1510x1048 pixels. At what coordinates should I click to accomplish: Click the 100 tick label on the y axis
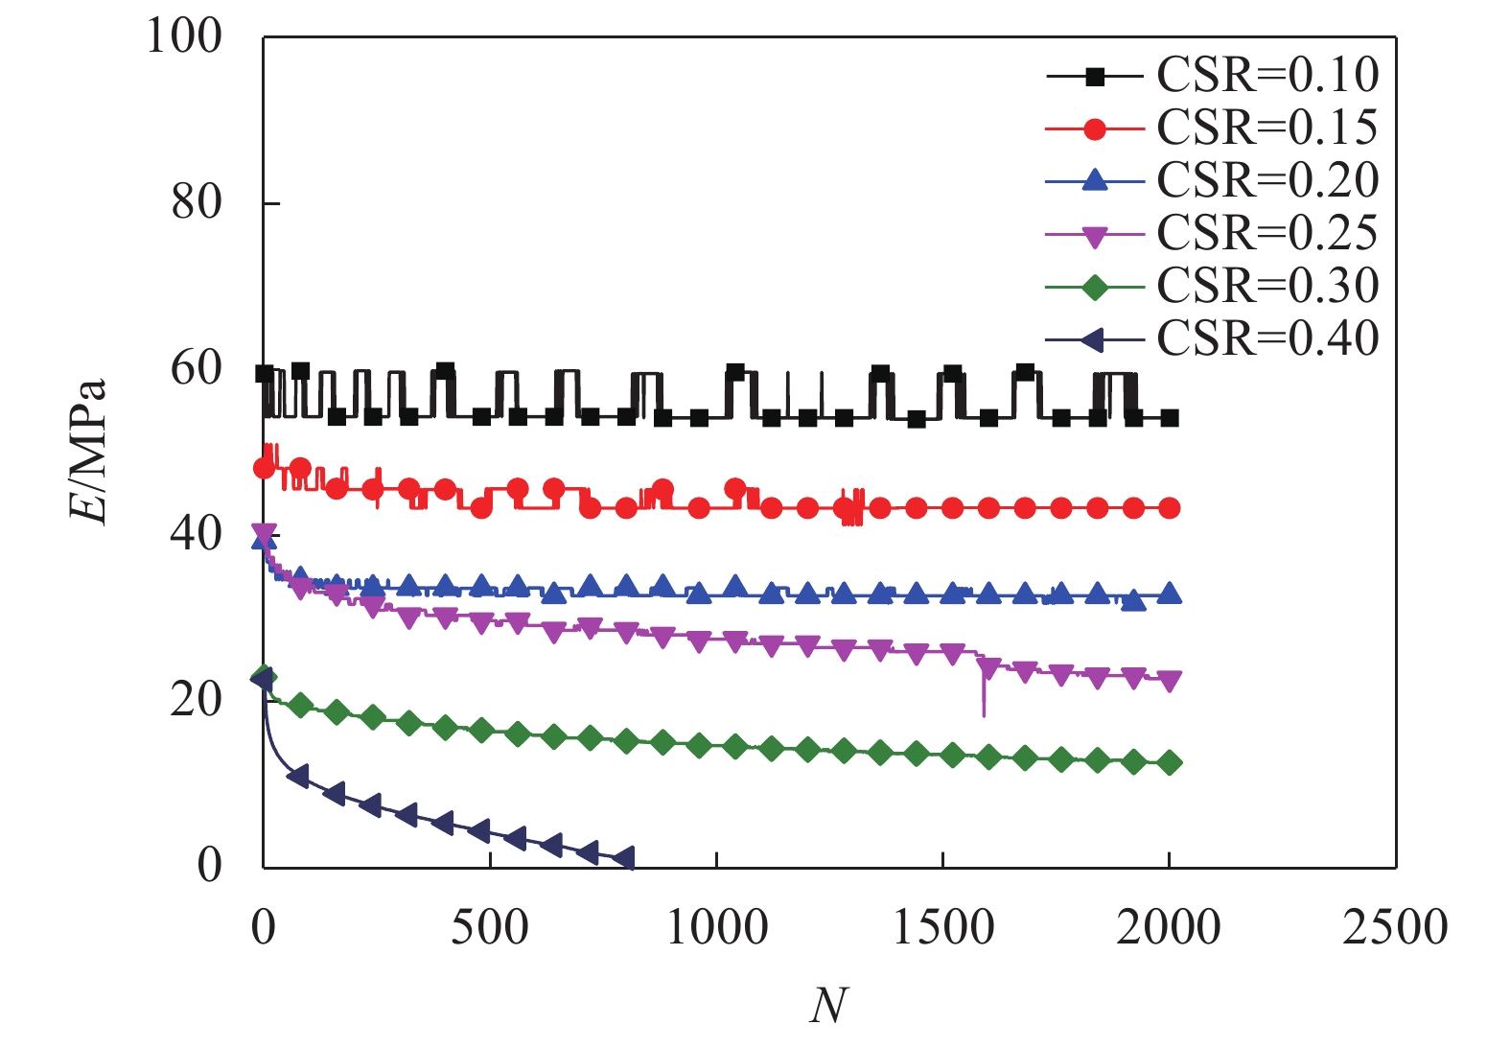(184, 36)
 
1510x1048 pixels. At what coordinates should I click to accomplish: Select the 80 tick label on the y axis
(197, 202)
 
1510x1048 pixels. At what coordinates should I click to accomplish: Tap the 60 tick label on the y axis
(197, 369)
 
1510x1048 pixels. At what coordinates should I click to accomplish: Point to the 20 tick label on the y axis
(197, 701)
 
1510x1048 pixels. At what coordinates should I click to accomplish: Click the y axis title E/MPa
(88, 451)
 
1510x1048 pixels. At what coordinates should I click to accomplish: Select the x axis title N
(828, 1006)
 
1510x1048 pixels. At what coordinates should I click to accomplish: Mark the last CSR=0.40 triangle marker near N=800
(624, 857)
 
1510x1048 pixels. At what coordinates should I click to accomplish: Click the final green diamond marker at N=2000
(1170, 763)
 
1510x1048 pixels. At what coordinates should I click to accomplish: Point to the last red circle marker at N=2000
(1170, 508)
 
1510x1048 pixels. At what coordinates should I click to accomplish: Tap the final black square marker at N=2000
(1170, 418)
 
